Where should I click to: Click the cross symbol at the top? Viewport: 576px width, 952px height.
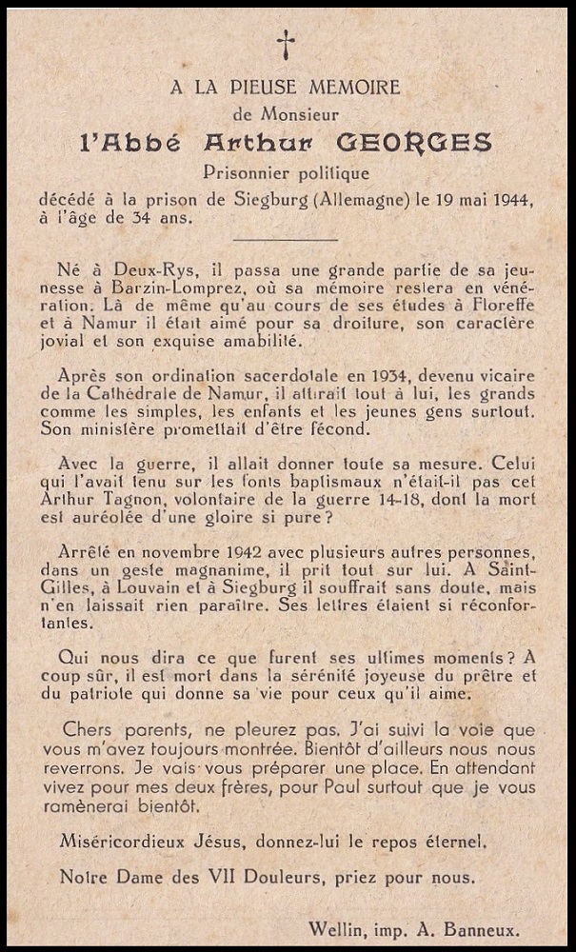286,44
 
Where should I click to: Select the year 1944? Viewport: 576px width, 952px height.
509,200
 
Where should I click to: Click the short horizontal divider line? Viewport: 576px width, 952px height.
286,240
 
